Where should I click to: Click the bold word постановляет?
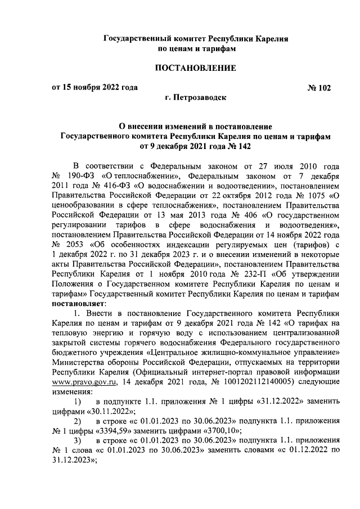coord(78,303)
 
